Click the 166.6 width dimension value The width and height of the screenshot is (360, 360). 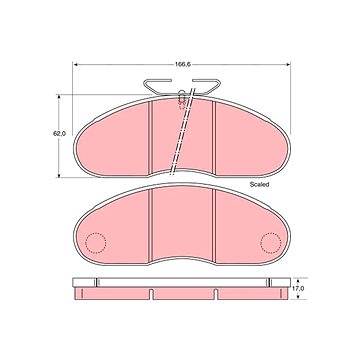pos(182,65)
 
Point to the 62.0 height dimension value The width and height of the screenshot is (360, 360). pos(60,133)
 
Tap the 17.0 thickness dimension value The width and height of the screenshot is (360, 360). pos(301,288)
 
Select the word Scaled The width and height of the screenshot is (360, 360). pos(259,184)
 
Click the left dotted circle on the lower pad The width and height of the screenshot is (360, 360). pos(96,243)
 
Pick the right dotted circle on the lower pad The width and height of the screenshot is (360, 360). pos(271,243)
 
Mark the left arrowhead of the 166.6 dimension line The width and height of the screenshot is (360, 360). pos(75,64)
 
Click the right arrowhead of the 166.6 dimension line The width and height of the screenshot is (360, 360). pos(288,64)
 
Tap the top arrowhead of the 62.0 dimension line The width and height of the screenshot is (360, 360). pos(59,97)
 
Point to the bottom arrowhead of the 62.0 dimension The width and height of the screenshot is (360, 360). pos(59,175)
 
